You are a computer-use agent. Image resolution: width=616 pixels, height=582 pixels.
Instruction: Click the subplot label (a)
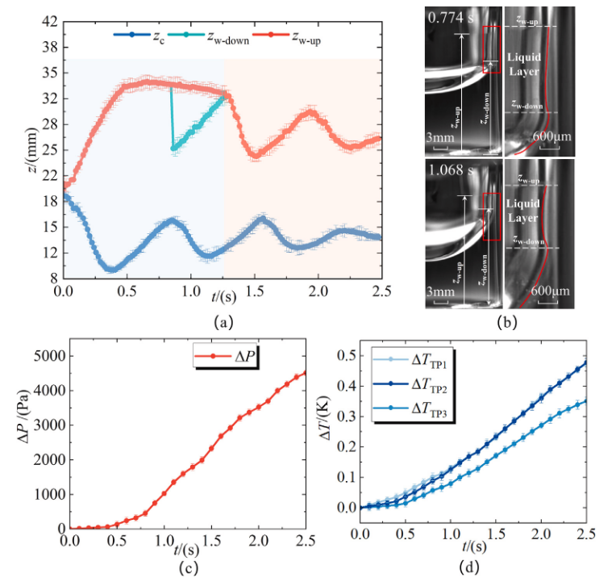point(223,321)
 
